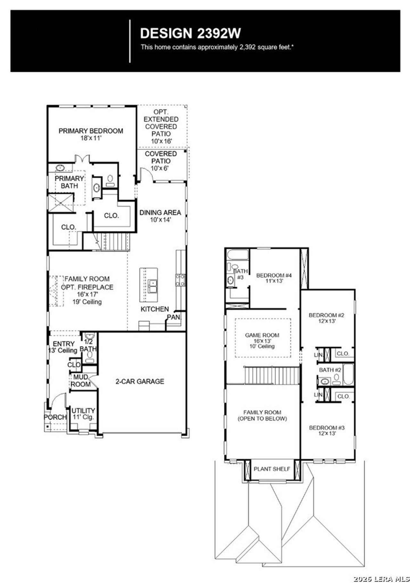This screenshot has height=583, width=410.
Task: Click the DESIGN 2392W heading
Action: (190, 33)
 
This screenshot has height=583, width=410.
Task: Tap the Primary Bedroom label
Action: (91, 131)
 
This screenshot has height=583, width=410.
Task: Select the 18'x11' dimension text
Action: (91, 138)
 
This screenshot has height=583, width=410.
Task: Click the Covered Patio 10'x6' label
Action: (160, 161)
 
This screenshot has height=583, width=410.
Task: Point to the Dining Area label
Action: (160, 213)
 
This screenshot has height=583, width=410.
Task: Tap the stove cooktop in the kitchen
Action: (180, 280)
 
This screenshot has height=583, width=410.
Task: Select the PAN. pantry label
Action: (174, 317)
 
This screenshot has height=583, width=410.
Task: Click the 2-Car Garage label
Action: (140, 381)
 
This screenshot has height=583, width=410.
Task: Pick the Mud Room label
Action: (81, 381)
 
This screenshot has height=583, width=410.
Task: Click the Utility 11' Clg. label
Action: (83, 414)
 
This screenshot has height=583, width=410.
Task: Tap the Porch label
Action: (55, 417)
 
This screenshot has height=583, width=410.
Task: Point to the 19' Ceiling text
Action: (87, 302)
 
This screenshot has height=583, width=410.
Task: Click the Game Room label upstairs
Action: (262, 335)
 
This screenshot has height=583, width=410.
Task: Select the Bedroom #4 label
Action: (274, 275)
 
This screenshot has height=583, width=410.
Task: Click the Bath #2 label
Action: (330, 370)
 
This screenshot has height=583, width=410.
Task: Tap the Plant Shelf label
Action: (272, 469)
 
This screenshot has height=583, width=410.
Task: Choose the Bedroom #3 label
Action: (327, 428)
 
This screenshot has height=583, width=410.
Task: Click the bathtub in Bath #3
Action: (237, 255)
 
